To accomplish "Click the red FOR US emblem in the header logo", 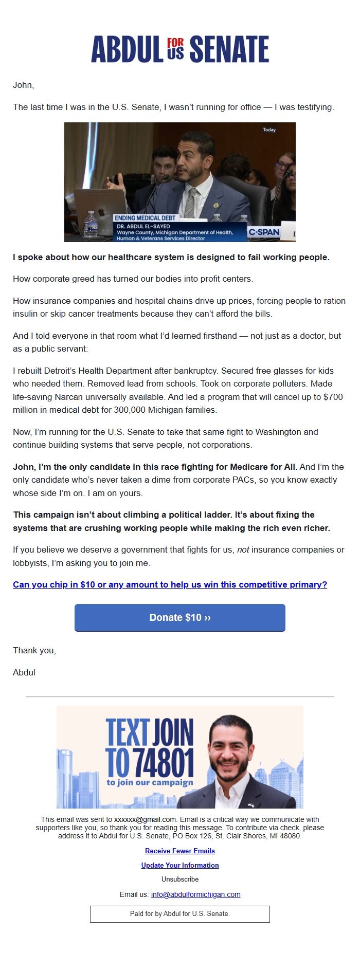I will point(175,49).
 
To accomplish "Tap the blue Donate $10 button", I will point(180,617).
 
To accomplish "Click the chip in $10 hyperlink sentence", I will point(170,584).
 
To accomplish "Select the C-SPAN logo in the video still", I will point(264,232).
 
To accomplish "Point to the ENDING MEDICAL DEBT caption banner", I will point(145,218).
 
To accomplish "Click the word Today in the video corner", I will point(269,130).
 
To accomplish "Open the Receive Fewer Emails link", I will point(180,851).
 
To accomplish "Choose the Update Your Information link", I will point(180,865).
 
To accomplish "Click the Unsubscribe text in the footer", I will point(180,879).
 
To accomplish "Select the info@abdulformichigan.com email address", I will point(195,894).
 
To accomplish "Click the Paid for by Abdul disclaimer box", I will point(180,913).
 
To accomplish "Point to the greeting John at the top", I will point(23,85).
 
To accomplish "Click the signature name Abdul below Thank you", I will point(24,672).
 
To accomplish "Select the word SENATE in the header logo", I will point(229,49).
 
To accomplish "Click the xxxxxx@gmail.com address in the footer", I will point(145,819).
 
